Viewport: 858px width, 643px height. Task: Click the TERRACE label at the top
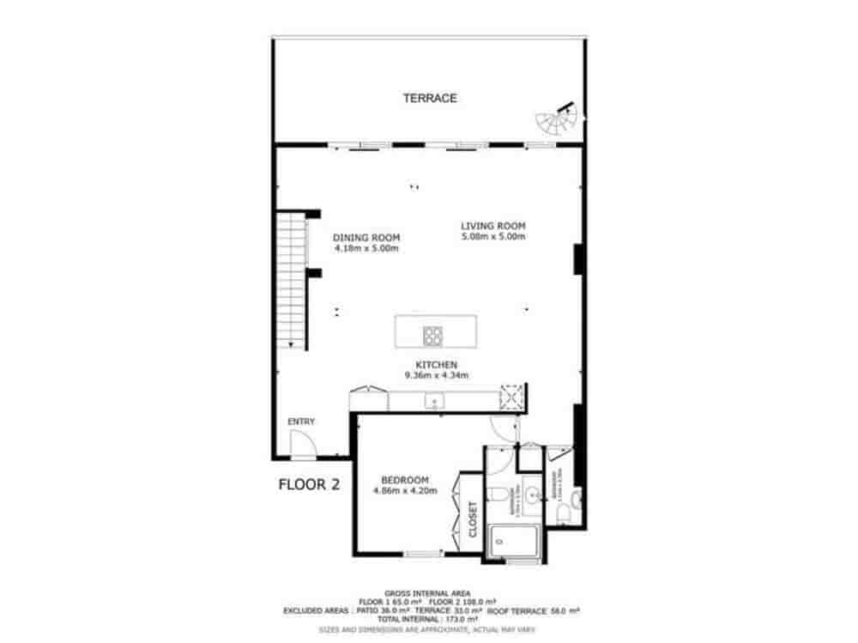point(430,99)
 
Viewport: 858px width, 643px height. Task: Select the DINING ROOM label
point(366,238)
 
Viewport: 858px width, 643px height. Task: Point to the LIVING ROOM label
point(492,226)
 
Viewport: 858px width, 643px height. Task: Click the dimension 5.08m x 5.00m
point(492,236)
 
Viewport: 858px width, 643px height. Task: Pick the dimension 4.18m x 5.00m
point(366,248)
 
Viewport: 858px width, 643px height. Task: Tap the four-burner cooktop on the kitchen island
point(431,332)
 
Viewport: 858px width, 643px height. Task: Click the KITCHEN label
point(437,365)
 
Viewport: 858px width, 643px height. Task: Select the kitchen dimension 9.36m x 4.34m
point(437,375)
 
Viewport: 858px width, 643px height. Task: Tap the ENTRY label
point(301,422)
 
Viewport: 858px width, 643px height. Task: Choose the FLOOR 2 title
point(310,485)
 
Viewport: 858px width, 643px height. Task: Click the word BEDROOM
point(405,481)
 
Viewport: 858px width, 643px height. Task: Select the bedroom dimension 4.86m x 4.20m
point(405,491)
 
